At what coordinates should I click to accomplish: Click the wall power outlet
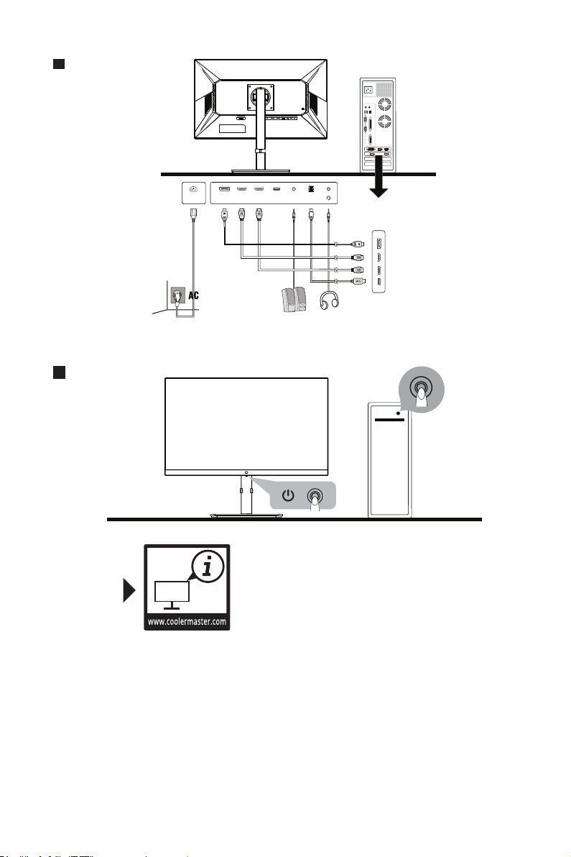(x=175, y=295)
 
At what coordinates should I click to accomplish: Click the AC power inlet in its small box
(x=192, y=191)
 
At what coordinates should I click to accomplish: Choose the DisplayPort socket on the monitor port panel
(x=224, y=190)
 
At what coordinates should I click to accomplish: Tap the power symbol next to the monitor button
(x=288, y=495)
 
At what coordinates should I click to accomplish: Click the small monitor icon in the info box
(x=172, y=594)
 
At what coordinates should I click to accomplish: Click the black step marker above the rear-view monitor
(x=59, y=65)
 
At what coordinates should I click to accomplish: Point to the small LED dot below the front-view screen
(x=246, y=473)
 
